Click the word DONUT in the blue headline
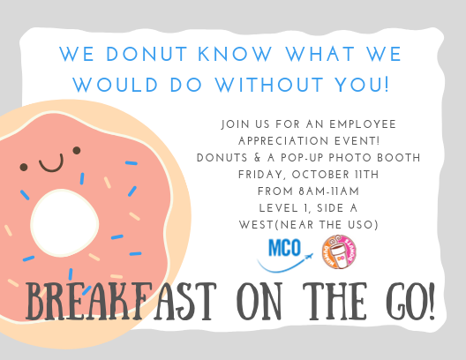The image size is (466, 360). click(147, 54)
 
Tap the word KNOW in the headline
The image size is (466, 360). click(235, 54)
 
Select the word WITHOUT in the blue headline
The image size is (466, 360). click(269, 85)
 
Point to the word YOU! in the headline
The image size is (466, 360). click(362, 85)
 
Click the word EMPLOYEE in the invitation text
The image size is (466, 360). click(363, 124)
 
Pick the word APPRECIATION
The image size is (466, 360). click(283, 141)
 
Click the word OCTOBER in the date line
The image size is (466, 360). click(320, 175)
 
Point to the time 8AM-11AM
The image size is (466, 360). click(329, 191)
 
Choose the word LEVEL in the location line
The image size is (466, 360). click(279, 208)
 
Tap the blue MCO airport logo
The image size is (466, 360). click(285, 255)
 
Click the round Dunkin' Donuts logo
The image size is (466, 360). click(339, 251)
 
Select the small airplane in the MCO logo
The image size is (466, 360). click(309, 256)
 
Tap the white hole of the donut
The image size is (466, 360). click(64, 222)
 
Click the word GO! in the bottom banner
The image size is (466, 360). click(410, 301)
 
